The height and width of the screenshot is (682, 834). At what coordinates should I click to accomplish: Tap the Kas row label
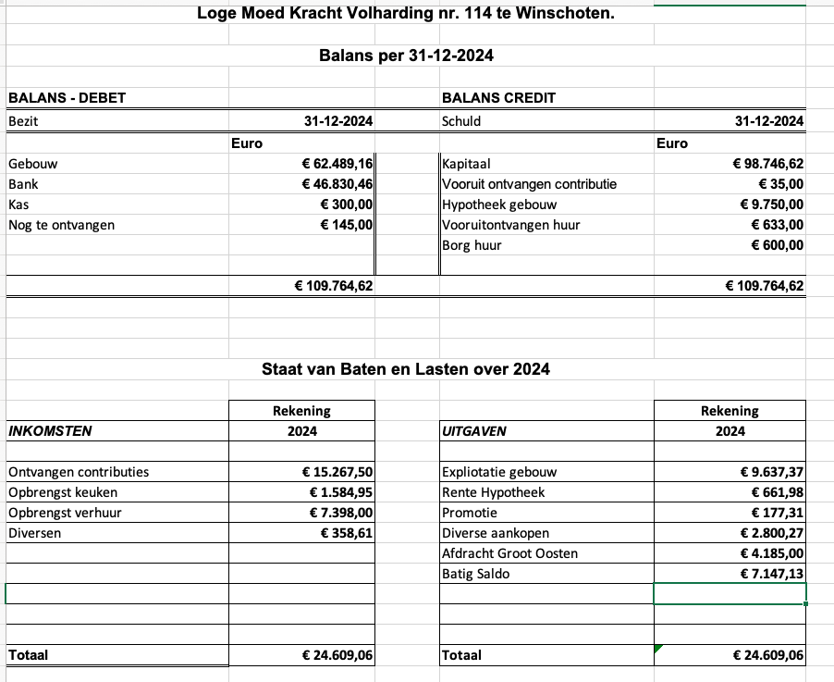tap(18, 205)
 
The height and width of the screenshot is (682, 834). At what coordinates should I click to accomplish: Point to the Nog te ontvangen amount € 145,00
tap(346, 225)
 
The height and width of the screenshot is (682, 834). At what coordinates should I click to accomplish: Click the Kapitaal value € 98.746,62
tap(767, 164)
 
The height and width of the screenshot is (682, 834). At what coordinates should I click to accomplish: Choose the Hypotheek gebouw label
tap(499, 205)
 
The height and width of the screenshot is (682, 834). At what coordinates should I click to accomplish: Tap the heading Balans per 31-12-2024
tap(406, 56)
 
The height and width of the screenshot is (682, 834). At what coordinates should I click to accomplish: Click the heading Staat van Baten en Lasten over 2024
tap(406, 369)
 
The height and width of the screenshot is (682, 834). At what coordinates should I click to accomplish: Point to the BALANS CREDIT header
tap(499, 98)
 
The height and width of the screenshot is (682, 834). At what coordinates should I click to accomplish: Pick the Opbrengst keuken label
tap(63, 492)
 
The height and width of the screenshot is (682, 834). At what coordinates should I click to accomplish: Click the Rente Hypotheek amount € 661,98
tap(772, 492)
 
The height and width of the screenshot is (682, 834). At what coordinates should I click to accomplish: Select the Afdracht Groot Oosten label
tap(509, 553)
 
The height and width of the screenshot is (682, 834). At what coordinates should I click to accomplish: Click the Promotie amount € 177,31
tap(772, 513)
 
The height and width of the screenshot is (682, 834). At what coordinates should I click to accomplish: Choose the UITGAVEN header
tap(474, 430)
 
